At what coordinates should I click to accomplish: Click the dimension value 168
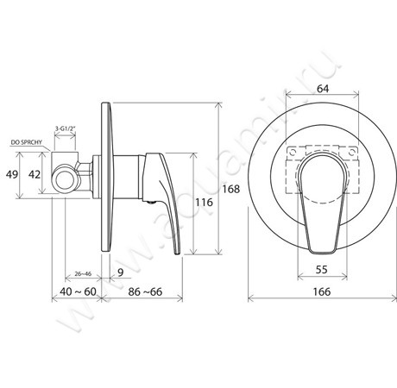click(231, 189)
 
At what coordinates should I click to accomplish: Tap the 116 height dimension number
click(204, 203)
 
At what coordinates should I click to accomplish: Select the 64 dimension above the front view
click(323, 89)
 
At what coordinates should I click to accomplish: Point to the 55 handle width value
click(322, 270)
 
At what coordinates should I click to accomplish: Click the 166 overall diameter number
click(322, 291)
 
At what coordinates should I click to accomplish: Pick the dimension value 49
click(12, 174)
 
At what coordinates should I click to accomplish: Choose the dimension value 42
click(35, 174)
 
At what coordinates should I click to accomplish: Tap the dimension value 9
click(121, 272)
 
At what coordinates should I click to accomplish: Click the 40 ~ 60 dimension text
click(78, 291)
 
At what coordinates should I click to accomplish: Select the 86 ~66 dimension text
click(145, 291)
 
